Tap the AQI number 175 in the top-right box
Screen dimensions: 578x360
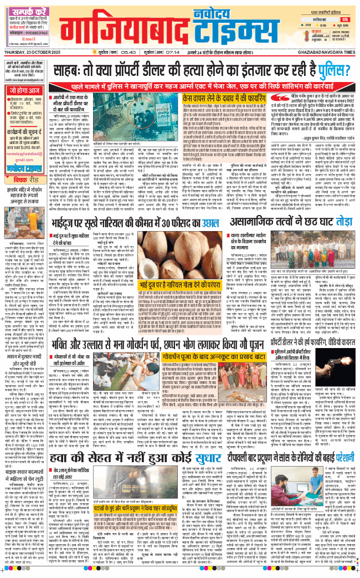pos(344,20)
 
